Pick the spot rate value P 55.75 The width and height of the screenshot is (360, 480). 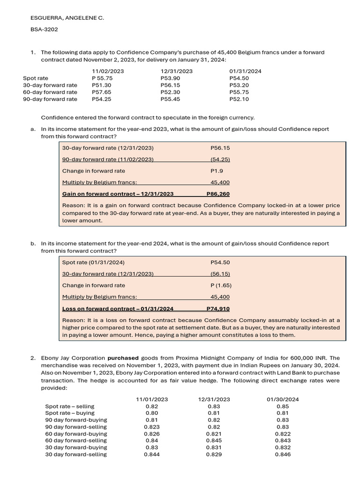[x=102, y=78]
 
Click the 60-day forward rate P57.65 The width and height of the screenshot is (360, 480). [x=102, y=92]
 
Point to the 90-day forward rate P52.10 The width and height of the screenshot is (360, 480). [x=239, y=99]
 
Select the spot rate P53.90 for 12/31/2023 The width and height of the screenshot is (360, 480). [x=170, y=78]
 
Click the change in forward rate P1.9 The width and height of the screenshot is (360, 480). [x=216, y=171]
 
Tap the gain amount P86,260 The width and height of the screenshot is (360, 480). [x=218, y=194]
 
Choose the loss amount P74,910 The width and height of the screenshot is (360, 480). [x=218, y=308]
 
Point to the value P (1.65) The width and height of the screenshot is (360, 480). [x=221, y=285]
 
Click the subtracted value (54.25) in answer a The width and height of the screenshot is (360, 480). [x=220, y=159]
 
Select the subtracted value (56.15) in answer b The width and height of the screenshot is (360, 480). [x=220, y=274]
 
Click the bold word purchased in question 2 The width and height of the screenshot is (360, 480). [x=123, y=358]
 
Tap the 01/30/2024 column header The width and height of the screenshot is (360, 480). [x=283, y=399]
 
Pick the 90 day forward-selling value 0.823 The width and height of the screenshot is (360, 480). [x=151, y=427]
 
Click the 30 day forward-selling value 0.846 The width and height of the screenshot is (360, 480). [x=283, y=454]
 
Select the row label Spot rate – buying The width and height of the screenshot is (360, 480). [x=70, y=413]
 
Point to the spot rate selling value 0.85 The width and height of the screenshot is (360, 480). [x=283, y=406]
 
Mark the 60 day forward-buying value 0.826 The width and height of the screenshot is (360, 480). [x=151, y=434]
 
